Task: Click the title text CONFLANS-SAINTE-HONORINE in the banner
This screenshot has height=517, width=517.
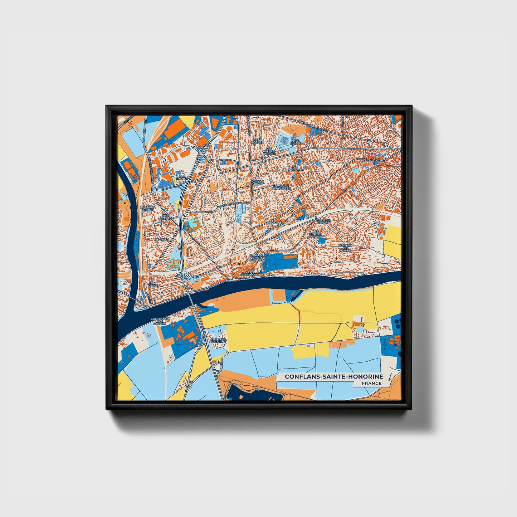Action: (x=334, y=377)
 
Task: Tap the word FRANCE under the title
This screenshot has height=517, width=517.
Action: (x=371, y=383)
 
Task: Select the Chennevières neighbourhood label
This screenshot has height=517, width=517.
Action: (x=375, y=160)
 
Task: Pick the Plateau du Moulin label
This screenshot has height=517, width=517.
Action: (x=346, y=248)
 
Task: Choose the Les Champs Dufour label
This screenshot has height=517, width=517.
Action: (x=316, y=234)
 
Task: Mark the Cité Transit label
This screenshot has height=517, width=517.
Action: (x=182, y=177)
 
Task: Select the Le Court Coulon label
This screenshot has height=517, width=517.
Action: (x=147, y=208)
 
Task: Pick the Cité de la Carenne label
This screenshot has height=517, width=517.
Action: (x=218, y=340)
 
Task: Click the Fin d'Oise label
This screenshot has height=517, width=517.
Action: (x=153, y=284)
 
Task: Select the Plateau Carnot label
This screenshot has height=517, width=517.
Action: (x=257, y=182)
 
